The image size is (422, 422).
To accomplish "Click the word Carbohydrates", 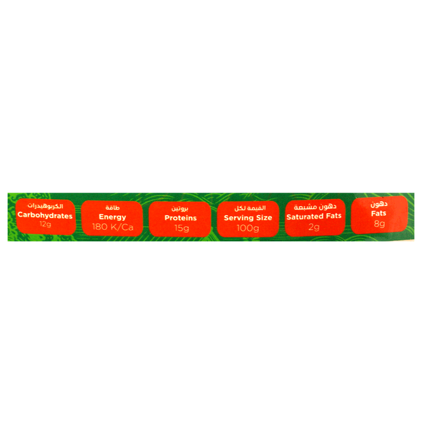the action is point(45,216).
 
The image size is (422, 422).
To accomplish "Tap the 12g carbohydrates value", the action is point(45,224).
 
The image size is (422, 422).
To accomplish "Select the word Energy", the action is point(113,217).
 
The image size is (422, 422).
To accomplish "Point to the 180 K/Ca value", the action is point(113,227).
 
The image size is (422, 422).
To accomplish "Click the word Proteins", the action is point(181,218).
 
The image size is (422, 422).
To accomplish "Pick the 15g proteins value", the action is point(181,228).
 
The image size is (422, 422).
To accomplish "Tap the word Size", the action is point(263,217).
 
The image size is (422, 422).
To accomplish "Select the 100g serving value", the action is point(248,228).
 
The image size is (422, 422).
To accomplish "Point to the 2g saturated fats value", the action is point(314,227).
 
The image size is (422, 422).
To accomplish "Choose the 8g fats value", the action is point(379,224).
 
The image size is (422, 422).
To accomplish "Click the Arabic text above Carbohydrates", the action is point(45,206).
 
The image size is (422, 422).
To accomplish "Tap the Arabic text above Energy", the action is point(113,207).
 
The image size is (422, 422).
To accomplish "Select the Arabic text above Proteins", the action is point(180,209).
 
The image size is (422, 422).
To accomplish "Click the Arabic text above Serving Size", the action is point(250,208).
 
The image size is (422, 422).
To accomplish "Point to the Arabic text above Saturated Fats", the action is point(315,207).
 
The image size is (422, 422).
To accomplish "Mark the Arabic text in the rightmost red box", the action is point(379,204).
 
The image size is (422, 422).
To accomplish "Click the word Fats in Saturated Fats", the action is point(333,216).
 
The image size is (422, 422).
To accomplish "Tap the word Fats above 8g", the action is point(378,213).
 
